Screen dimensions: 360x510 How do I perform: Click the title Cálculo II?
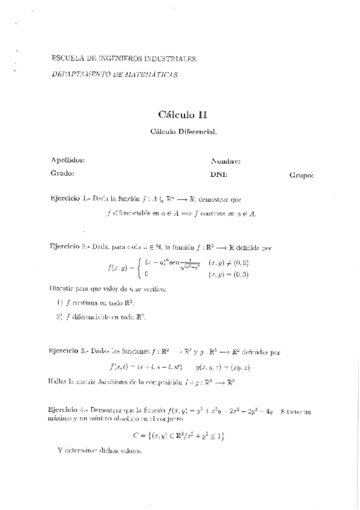tap(183, 114)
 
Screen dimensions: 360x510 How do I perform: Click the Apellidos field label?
tap(68, 160)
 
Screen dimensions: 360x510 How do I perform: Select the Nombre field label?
tap(226, 161)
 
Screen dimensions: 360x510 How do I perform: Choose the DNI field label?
tap(219, 174)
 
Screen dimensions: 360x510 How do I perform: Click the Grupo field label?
tap(301, 176)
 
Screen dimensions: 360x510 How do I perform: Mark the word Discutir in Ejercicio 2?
tap(61, 289)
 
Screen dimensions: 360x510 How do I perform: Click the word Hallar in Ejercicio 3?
tap(56, 381)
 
